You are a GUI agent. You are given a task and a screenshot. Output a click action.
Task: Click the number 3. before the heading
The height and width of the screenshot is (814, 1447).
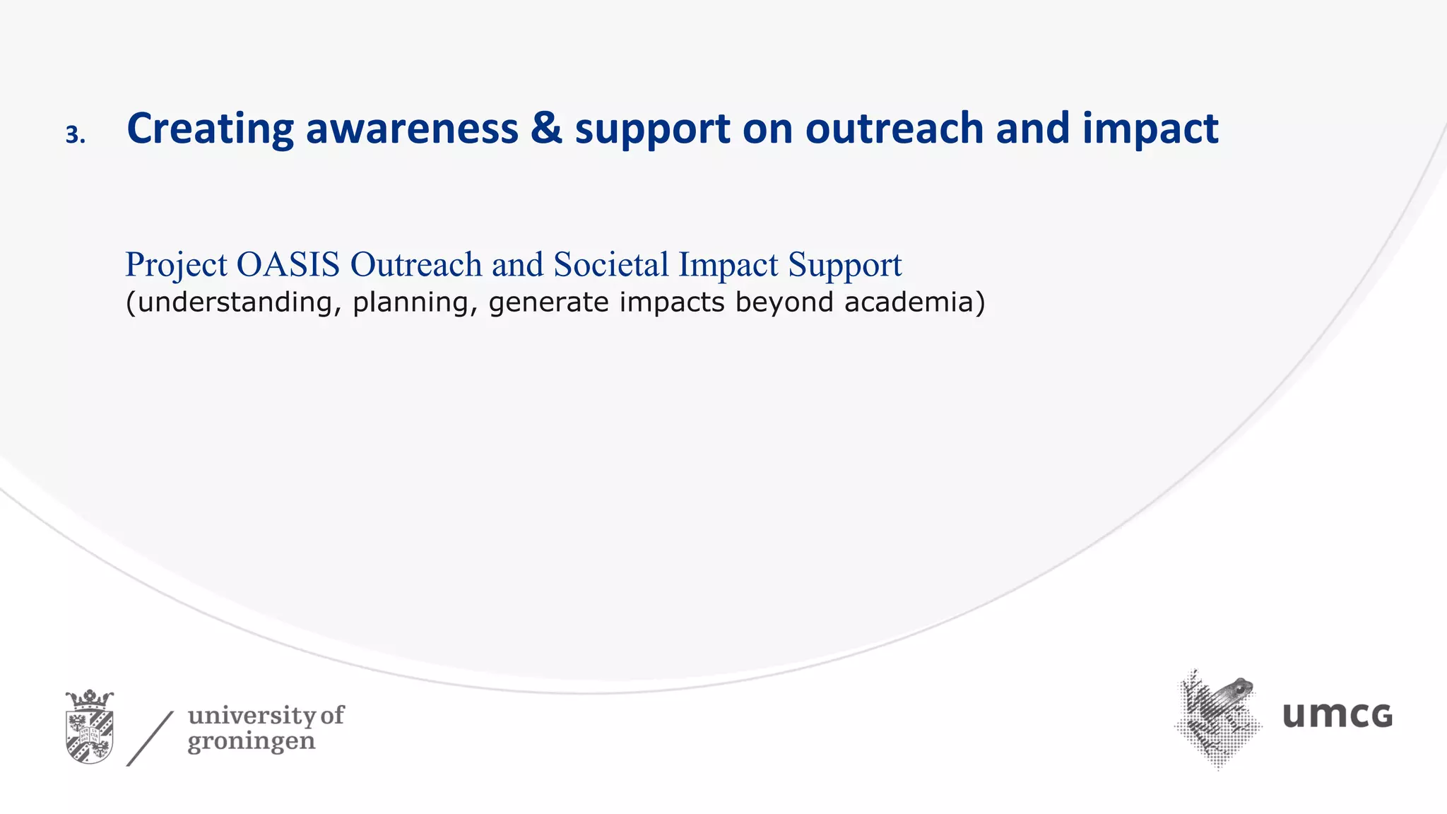point(75,134)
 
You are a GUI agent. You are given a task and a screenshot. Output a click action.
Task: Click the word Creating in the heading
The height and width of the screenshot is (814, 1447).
point(210,129)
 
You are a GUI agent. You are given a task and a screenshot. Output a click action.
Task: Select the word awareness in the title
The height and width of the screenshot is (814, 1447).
point(412,129)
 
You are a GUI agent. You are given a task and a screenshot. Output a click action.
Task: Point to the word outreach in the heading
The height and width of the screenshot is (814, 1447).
point(894,129)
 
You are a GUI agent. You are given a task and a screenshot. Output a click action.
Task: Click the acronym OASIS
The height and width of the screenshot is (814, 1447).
point(288,264)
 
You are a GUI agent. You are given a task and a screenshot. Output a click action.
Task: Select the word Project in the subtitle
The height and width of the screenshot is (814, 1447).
point(176,266)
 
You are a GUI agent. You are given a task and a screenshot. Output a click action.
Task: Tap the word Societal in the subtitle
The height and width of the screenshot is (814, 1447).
point(611,264)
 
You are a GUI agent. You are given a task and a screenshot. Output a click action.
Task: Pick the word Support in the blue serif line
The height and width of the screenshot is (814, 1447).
point(845,266)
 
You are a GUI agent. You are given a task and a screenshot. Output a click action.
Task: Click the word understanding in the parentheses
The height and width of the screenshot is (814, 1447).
point(233,302)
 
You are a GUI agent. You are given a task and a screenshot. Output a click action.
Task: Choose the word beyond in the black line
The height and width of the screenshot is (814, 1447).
point(784,302)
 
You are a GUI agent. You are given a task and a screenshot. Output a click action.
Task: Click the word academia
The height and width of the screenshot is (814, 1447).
point(909,302)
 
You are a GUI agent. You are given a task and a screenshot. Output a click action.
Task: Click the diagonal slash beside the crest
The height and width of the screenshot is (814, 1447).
point(150,738)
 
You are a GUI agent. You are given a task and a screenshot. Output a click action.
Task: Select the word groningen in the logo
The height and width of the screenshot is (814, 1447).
point(251,743)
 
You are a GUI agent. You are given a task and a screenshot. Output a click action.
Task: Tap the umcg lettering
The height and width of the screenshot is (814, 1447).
point(1337,715)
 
